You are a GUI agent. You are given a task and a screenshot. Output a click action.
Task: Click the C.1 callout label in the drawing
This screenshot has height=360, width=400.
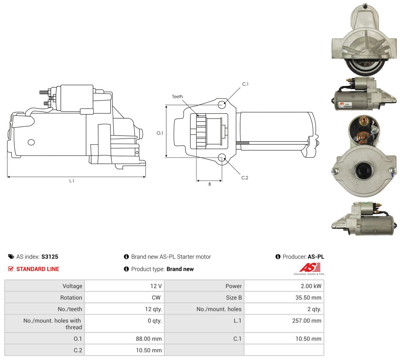point(245,84)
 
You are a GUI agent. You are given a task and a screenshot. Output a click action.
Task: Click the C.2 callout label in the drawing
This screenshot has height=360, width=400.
point(244,178)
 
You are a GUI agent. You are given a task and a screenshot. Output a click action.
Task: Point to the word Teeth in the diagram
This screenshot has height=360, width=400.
point(177,97)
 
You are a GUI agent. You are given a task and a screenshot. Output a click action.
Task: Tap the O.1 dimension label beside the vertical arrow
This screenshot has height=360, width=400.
point(160,133)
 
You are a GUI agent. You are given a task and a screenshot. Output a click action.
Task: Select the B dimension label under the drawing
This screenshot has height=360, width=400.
point(209,184)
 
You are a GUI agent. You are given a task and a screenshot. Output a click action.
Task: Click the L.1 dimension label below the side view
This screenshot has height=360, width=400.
point(72,181)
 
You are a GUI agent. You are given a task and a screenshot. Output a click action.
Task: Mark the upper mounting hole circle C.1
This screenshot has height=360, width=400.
point(222,104)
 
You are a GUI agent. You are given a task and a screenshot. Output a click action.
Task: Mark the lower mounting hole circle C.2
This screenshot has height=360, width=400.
point(222,157)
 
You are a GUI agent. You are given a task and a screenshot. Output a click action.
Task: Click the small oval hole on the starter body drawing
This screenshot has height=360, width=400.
point(31,142)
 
